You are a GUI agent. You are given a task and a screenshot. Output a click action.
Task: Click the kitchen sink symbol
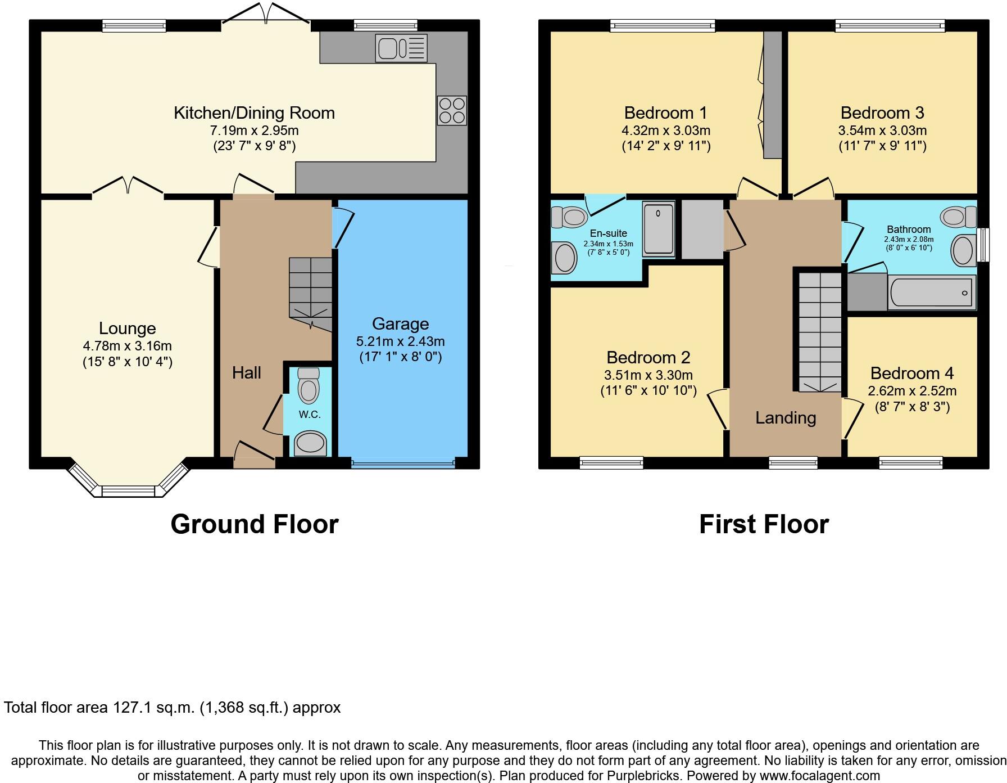tap(401, 48)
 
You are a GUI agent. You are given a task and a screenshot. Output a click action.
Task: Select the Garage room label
tap(400, 324)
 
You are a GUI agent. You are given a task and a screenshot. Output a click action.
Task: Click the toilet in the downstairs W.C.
tap(308, 386)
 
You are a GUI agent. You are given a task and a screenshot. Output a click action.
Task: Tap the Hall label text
tap(247, 372)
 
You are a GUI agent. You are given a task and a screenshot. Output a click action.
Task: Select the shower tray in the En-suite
tap(659, 228)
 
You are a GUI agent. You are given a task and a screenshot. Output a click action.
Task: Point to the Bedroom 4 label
tap(911, 373)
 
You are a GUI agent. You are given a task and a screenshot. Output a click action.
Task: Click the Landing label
tap(785, 417)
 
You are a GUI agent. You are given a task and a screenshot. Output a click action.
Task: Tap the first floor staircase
tap(820, 332)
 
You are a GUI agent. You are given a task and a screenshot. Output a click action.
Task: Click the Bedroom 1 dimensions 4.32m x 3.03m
tap(665, 130)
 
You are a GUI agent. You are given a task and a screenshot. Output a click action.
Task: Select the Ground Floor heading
tap(254, 524)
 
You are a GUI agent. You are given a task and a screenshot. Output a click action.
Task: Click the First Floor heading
tap(764, 524)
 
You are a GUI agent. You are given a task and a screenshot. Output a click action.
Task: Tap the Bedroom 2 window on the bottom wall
tap(611, 463)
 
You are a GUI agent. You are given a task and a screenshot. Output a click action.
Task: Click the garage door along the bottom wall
tap(402, 464)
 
